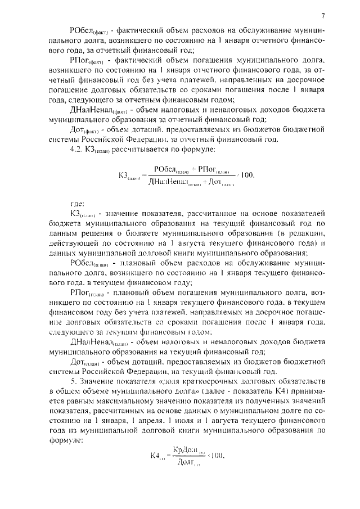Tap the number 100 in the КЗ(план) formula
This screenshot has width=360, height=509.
tap(247, 176)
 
